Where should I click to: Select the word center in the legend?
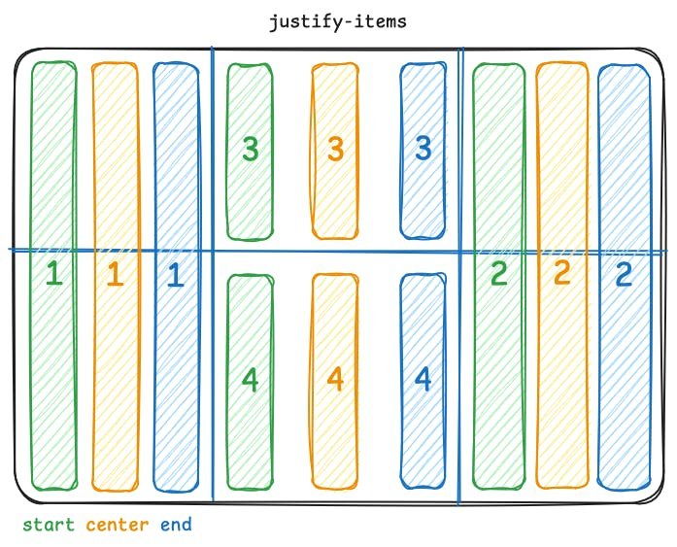(x=118, y=526)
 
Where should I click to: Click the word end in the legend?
(x=177, y=526)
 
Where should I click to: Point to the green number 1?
(x=54, y=275)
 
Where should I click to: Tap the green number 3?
(x=251, y=149)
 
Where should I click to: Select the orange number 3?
(x=335, y=149)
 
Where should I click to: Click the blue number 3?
(x=423, y=148)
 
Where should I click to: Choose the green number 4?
(x=251, y=379)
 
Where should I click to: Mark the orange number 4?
(x=335, y=378)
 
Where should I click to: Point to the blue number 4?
(x=423, y=378)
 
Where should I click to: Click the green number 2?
(x=498, y=274)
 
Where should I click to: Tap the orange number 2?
(x=561, y=274)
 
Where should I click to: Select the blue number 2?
(x=624, y=274)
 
